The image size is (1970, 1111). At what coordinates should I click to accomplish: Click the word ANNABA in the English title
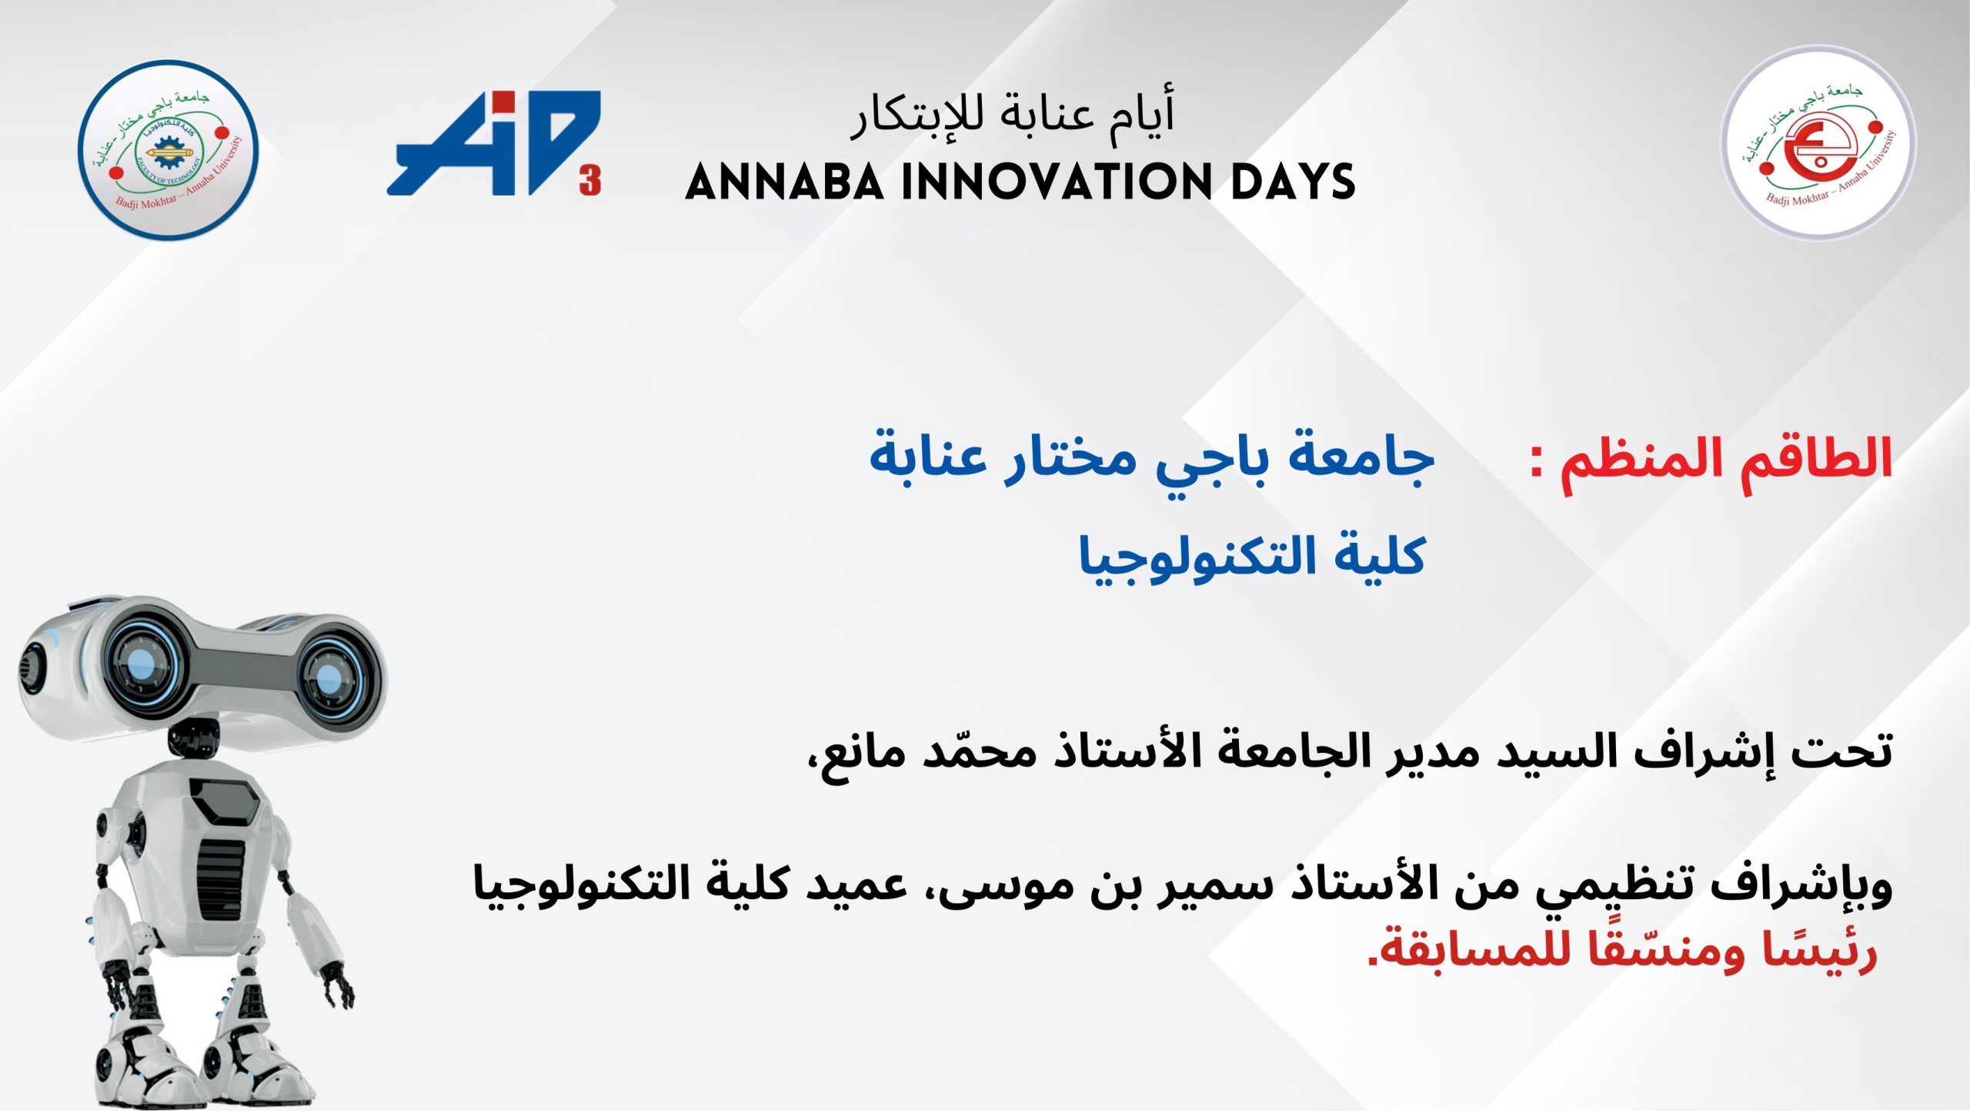pos(784,182)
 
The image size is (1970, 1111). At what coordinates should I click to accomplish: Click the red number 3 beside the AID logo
pos(590,182)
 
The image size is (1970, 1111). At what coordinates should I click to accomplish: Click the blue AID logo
pos(492,142)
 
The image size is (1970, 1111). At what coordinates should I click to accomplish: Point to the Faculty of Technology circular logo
pos(169,151)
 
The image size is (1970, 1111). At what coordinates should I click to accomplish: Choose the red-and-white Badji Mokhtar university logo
pos(1818,143)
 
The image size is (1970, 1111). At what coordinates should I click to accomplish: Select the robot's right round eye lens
pos(330,677)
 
